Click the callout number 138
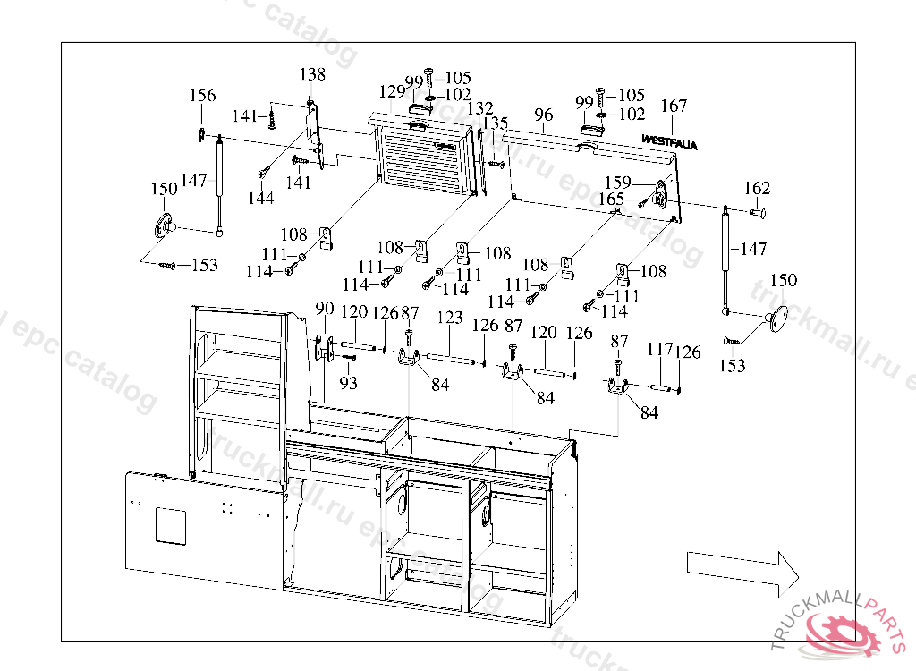tap(312, 75)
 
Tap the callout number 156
tap(202, 97)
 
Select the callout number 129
tap(392, 92)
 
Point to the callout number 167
tap(674, 106)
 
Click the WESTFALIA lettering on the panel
tap(669, 140)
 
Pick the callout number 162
tap(757, 189)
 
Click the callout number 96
tap(543, 115)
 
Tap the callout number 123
tap(450, 318)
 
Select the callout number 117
tap(660, 350)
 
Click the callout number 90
tap(325, 310)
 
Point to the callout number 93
tap(347, 384)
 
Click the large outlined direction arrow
tap(742, 569)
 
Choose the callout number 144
tap(261, 199)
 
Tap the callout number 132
tap(480, 109)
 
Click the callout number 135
tap(495, 123)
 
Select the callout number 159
tap(617, 183)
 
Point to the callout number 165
tap(611, 200)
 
